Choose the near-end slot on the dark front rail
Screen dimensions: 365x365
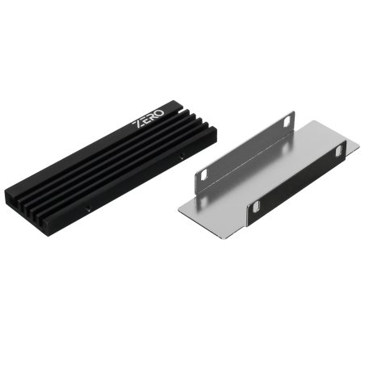(x=257, y=208)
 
